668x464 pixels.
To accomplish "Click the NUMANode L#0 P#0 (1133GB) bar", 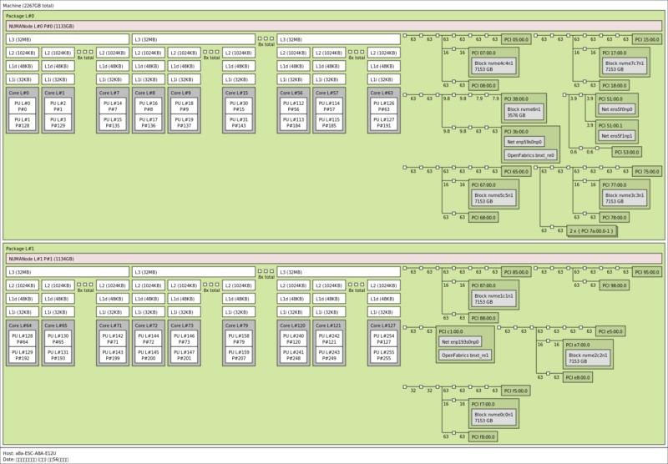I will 200,26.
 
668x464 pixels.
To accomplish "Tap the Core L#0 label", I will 19,93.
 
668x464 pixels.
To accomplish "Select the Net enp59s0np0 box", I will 531,143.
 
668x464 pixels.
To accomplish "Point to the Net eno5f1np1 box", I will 615,135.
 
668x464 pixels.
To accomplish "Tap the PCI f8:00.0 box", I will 483,436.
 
